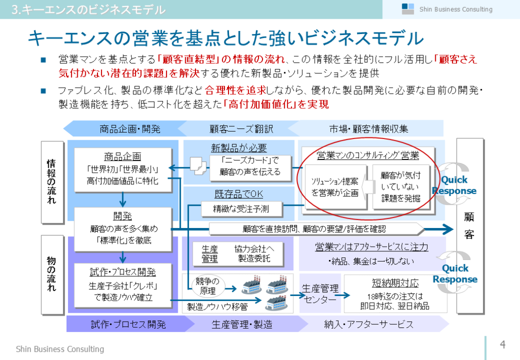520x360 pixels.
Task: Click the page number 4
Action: [x=503, y=345]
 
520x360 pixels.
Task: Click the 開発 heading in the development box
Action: [x=122, y=216]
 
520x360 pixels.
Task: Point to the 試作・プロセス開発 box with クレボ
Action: [x=122, y=284]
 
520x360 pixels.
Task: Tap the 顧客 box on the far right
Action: [x=469, y=226]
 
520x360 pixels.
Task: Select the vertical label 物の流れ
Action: [x=51, y=274]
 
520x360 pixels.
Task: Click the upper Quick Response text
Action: [x=454, y=185]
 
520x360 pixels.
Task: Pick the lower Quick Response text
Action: [x=455, y=274]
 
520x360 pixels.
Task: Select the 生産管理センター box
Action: [x=320, y=294]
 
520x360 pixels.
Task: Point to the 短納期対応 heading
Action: [x=395, y=283]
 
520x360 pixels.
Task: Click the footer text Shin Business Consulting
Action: [x=60, y=349]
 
